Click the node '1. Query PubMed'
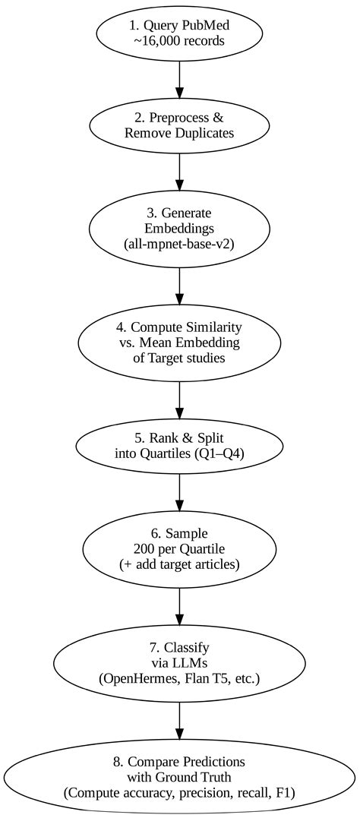[x=179, y=27]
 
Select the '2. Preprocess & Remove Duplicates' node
[x=179, y=125]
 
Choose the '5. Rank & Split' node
[x=179, y=445]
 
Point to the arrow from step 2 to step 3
[x=179, y=171]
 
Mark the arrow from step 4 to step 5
[x=179, y=401]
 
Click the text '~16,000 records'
[x=179, y=41]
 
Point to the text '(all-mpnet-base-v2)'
[x=179, y=244]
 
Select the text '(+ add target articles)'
[x=179, y=564]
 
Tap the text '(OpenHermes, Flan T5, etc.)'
[x=179, y=677]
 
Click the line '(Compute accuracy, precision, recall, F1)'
[x=179, y=792]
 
